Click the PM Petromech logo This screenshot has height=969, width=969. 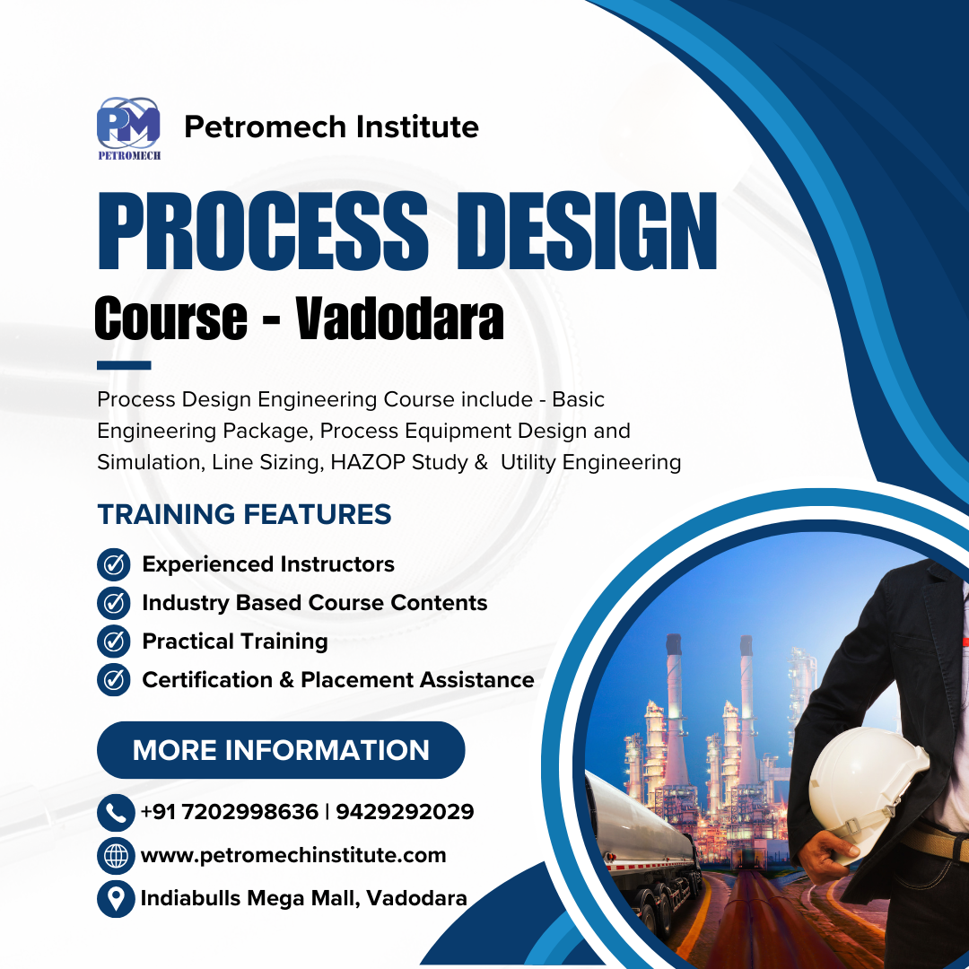pos(128,128)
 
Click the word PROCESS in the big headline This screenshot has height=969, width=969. pos(263,231)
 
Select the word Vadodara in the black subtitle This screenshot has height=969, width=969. pos(399,319)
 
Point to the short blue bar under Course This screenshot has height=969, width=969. pos(124,365)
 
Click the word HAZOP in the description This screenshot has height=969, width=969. pos(368,462)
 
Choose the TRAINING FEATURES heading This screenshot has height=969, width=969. pos(244,514)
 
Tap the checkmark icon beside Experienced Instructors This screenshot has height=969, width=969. pos(114,564)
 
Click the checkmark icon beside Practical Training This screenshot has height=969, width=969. pos(114,641)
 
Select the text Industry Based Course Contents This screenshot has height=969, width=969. pos(315,603)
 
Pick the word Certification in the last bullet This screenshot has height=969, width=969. pos(207,680)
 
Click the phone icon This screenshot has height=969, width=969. pos(116,813)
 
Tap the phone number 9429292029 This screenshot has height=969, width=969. pos(405,811)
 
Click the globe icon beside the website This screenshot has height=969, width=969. pos(116,856)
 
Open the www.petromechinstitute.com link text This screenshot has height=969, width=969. pos(293,856)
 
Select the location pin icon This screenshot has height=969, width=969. pos(116,898)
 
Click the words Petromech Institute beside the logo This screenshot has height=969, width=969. pos(331,127)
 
